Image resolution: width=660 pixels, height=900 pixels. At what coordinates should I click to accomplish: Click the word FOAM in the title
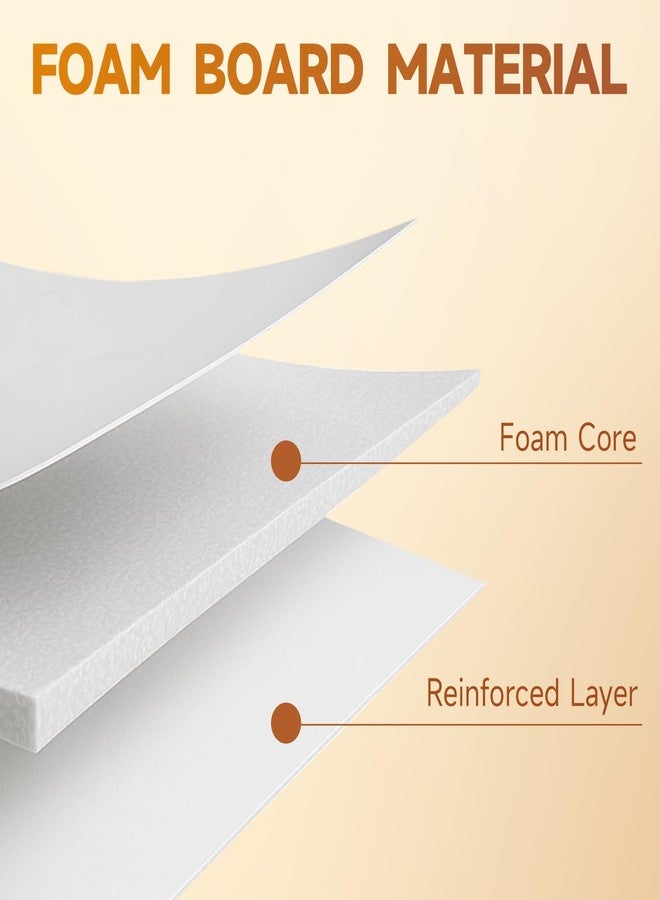coord(102,69)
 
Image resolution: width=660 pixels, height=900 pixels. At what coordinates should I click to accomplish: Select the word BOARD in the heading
coord(279,69)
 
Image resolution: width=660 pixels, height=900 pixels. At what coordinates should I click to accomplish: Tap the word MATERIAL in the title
coord(507,69)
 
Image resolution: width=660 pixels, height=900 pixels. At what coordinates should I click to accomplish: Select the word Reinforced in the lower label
coord(492,693)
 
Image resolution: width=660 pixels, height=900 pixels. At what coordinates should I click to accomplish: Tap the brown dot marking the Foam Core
coord(286,461)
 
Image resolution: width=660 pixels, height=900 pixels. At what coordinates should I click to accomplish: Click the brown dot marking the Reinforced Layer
coord(286,723)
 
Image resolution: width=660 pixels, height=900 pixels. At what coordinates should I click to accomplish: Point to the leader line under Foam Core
coord(471,462)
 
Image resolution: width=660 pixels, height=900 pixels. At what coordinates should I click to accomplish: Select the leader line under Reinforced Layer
coord(471,724)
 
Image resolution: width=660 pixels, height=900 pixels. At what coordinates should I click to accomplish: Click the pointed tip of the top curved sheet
coord(415,219)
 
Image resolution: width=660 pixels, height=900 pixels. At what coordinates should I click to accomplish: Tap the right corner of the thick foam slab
coord(479,373)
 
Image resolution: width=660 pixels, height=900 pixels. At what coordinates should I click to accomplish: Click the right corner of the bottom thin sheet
coord(483,583)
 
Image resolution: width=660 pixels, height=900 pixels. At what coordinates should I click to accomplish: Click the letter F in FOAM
coord(46,69)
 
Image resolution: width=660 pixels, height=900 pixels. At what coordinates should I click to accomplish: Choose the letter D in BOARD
coord(344,69)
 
